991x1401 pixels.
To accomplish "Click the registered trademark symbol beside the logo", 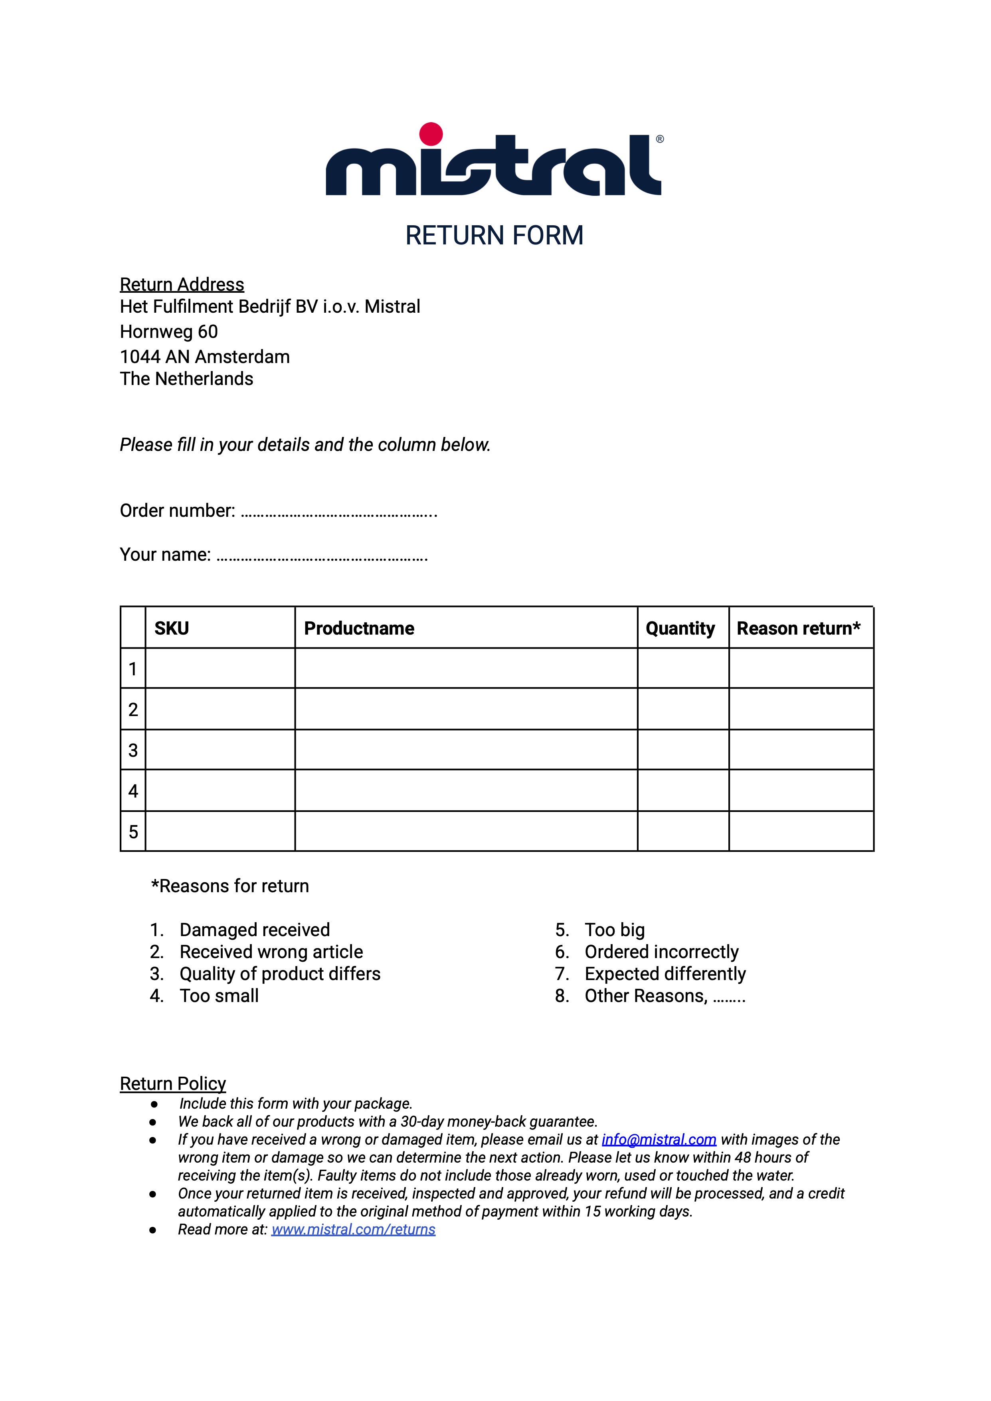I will pos(660,139).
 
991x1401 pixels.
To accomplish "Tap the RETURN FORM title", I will pos(494,236).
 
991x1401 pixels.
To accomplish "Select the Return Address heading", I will pos(182,284).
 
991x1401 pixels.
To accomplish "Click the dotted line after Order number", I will pos(339,512).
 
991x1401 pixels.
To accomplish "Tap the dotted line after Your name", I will pos(322,556).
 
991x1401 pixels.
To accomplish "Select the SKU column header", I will pos(172,628).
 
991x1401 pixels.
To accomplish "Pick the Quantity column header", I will pos(680,628).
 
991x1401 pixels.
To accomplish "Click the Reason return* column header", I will pos(799,628).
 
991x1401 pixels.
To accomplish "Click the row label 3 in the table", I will pos(133,750).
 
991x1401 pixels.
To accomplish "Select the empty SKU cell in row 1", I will pos(220,669).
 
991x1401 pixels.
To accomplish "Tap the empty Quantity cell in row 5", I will pos(683,831).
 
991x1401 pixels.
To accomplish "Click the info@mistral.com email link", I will pos(659,1140).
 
